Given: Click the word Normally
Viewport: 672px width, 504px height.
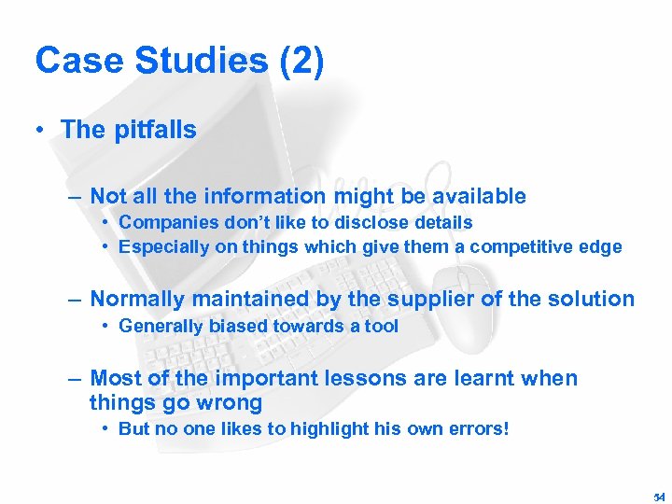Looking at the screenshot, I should pyautogui.click(x=137, y=299).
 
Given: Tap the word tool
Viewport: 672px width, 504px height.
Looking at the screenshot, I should pyautogui.click(x=381, y=326).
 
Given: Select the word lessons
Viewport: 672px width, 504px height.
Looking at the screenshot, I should pyautogui.click(x=357, y=378).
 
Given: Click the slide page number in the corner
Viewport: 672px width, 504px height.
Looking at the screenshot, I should pyautogui.click(x=660, y=497).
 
